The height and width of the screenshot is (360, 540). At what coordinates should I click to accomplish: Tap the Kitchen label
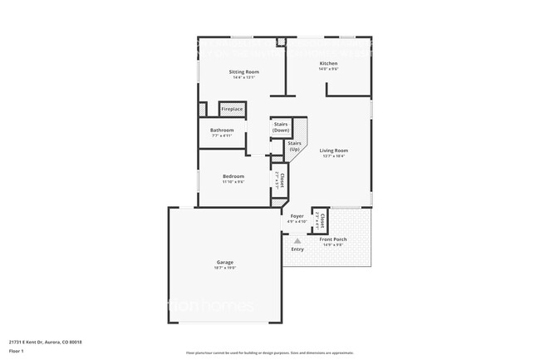point(328,63)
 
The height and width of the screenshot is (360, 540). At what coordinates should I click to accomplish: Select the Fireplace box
point(232,109)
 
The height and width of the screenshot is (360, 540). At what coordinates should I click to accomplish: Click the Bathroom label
point(222,130)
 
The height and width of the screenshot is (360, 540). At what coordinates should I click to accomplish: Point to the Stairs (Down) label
point(281,126)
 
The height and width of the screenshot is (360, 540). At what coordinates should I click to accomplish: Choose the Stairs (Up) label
point(294,145)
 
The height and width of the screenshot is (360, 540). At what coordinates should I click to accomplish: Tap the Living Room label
point(334,150)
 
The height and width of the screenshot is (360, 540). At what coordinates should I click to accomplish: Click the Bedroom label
point(233,175)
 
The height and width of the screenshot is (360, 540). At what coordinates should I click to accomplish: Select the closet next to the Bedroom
point(281,180)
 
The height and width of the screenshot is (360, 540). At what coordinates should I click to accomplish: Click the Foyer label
point(297,216)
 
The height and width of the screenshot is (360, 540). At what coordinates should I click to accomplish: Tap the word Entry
point(297,249)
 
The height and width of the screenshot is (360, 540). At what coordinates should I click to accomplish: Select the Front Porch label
point(334,239)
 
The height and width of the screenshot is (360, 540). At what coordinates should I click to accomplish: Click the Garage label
point(225,263)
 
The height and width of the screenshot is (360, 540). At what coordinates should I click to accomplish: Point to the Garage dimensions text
point(225,269)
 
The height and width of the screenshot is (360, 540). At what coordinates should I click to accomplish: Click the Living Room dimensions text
point(334,155)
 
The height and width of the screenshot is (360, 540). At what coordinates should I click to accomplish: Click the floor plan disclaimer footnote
point(269,353)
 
